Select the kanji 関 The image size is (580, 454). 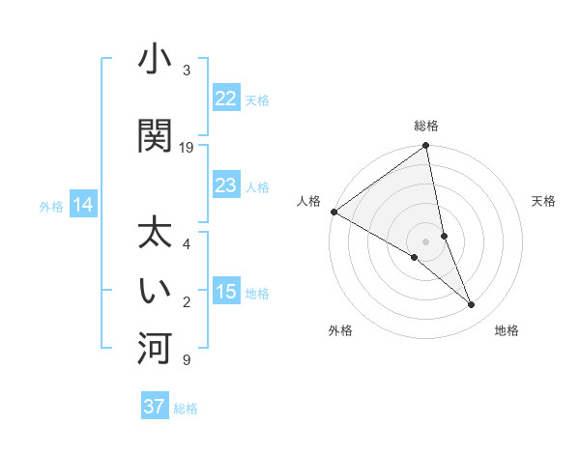pyautogui.click(x=154, y=135)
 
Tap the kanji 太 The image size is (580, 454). pyautogui.click(x=154, y=235)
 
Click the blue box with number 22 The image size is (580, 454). pyautogui.click(x=225, y=99)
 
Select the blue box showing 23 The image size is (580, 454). pyautogui.click(x=225, y=185)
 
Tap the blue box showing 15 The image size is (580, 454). pyautogui.click(x=225, y=292)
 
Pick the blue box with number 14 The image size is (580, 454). pyautogui.click(x=83, y=205)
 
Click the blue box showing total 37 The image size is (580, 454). pyautogui.click(x=154, y=407)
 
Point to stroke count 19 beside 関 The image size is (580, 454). pyautogui.click(x=187, y=148)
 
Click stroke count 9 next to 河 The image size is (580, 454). pyautogui.click(x=185, y=360)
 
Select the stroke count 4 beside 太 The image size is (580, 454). pyautogui.click(x=186, y=244)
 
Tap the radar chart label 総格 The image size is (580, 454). pyautogui.click(x=426, y=126)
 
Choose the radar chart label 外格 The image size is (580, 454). pyautogui.click(x=340, y=330)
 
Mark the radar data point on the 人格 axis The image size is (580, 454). pyautogui.click(x=333, y=212)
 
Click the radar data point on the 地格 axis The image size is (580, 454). pyautogui.click(x=472, y=305)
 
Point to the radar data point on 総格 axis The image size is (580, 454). pyautogui.click(x=426, y=146)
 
